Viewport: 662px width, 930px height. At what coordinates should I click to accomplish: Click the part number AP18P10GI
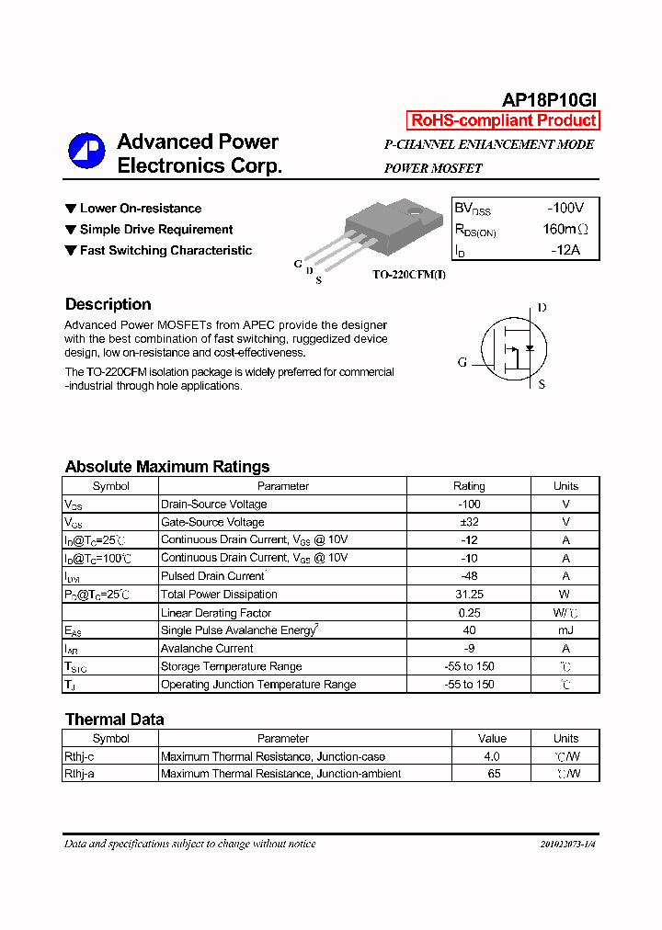click(550, 100)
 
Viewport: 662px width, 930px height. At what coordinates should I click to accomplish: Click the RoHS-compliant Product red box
click(503, 120)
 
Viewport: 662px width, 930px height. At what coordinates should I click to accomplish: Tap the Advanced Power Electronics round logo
click(86, 152)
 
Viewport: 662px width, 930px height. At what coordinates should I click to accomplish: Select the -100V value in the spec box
click(565, 208)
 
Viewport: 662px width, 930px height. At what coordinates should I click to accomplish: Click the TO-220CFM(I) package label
click(408, 275)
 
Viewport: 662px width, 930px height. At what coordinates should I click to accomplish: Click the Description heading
click(108, 304)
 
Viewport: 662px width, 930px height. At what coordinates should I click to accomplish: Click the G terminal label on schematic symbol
click(462, 362)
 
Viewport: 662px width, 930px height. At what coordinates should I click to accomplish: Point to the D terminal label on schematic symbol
click(542, 308)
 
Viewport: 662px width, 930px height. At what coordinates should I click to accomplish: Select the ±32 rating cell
click(469, 522)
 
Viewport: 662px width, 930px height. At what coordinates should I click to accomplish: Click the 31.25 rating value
click(469, 595)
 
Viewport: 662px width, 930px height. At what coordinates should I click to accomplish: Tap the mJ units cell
click(565, 630)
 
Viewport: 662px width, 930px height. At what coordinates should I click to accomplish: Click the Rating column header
click(469, 486)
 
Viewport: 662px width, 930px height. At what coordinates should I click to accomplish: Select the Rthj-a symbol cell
click(79, 774)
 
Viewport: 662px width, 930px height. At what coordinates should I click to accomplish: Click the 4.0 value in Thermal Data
click(492, 756)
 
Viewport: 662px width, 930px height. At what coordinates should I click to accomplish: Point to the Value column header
click(492, 738)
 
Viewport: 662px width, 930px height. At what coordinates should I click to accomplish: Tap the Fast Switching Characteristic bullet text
click(165, 251)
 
